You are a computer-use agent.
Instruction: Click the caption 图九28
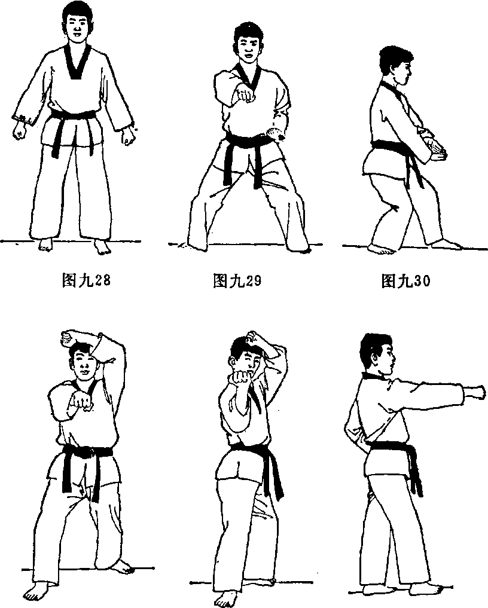pos(86,280)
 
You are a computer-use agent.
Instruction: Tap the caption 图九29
pos(237,280)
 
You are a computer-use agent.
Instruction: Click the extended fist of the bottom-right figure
pos(475,392)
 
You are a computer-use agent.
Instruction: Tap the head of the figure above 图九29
pos(248,42)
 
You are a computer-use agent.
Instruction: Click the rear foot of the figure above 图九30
pos(382,249)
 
